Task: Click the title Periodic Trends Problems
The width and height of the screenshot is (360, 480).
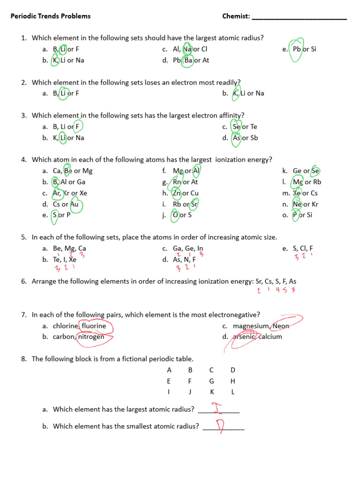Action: [x=51, y=16]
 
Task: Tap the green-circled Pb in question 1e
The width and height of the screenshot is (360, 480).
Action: [x=296, y=49]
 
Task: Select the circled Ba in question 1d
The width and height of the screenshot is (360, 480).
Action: [x=188, y=60]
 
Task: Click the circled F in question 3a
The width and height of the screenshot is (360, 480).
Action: [x=77, y=127]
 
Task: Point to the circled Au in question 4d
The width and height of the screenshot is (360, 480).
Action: [x=75, y=204]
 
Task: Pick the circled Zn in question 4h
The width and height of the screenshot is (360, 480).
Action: [x=177, y=193]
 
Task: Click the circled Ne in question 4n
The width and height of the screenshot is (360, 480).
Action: [x=297, y=204]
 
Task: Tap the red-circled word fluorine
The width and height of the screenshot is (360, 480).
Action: [x=94, y=326]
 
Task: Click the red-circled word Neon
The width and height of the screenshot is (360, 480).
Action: [x=281, y=326]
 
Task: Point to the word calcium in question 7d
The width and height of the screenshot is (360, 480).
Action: [x=270, y=337]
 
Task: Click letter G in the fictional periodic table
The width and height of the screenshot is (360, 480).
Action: [x=211, y=381]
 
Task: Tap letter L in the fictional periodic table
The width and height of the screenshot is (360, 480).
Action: [x=233, y=392]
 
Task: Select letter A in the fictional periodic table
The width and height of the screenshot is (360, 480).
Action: [x=169, y=370]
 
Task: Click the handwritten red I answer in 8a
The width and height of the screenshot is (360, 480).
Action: [x=217, y=408]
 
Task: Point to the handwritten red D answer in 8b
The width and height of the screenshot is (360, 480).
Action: [x=220, y=426]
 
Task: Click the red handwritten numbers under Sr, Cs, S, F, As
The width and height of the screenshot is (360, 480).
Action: [x=276, y=291]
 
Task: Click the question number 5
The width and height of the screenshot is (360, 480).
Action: [x=23, y=238]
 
